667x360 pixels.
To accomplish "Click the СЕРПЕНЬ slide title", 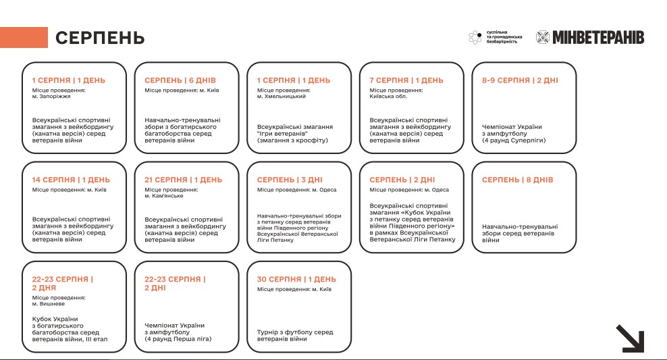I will point(99,38).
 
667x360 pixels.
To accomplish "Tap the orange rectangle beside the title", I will point(24,38).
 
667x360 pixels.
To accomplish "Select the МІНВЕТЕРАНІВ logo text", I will point(597,37).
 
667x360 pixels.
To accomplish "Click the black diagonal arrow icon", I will point(629,338).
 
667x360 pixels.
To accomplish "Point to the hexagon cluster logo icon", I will point(475,37).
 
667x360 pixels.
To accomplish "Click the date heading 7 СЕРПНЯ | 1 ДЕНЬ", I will point(406,80).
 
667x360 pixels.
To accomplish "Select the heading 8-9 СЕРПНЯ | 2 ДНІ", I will point(520,80).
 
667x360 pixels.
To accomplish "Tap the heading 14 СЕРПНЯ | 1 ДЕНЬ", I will point(71,180).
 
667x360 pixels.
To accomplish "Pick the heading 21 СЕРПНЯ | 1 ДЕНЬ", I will point(183,180).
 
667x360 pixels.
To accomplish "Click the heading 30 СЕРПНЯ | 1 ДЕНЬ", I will point(296,279).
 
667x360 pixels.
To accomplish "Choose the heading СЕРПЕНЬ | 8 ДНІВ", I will point(517,180).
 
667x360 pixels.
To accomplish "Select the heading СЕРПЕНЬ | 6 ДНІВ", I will point(180,80).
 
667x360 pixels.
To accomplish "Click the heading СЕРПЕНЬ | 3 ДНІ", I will point(290,180).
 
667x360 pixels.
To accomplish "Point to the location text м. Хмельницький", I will point(282,97).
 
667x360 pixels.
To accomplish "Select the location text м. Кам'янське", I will point(164,196).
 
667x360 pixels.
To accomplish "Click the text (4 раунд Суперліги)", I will point(514,140).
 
